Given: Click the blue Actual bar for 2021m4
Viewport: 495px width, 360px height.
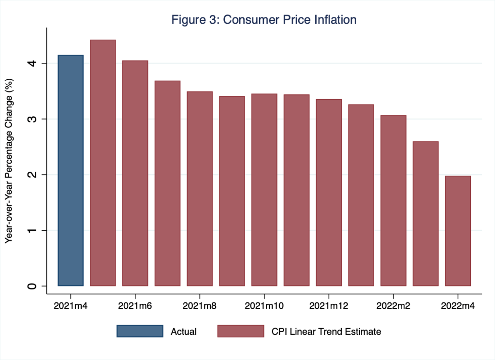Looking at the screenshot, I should coord(71,170).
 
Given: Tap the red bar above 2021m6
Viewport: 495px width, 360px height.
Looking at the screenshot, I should coord(135,173).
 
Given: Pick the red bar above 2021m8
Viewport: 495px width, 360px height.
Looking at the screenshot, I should coord(200,189).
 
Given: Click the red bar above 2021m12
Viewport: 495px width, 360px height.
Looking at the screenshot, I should coord(329,193).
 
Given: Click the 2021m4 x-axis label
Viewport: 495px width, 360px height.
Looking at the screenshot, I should coord(71,306).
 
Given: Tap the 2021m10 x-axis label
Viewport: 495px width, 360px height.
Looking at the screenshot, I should coord(264,306).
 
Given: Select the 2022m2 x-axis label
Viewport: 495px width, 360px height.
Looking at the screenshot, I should coord(393,306).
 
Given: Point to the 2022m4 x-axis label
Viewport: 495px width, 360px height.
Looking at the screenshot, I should coord(458,306).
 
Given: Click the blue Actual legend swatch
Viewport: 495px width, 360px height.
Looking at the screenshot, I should coord(140,331).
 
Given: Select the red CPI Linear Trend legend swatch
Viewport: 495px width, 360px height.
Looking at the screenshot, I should coord(241,331).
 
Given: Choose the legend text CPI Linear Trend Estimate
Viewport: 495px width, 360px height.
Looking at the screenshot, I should coord(326,331).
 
